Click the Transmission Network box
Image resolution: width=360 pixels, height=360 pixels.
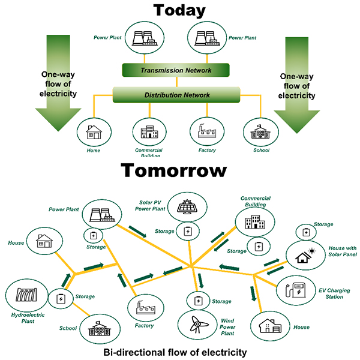pos(176,70)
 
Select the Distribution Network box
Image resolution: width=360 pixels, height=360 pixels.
pos(176,95)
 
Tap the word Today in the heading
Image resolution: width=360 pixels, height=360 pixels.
pos(179,11)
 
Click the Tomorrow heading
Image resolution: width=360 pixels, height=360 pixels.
pos(175,171)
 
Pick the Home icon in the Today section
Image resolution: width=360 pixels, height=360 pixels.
pos(93,131)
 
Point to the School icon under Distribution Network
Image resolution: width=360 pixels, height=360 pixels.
pos(260,132)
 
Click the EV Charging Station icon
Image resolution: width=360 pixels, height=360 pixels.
pos(297,290)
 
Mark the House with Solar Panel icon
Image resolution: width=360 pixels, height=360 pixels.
pos(303,255)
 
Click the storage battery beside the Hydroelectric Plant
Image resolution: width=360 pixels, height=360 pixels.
pos(61,298)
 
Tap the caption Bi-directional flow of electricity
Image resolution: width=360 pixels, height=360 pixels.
pos(175,351)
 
